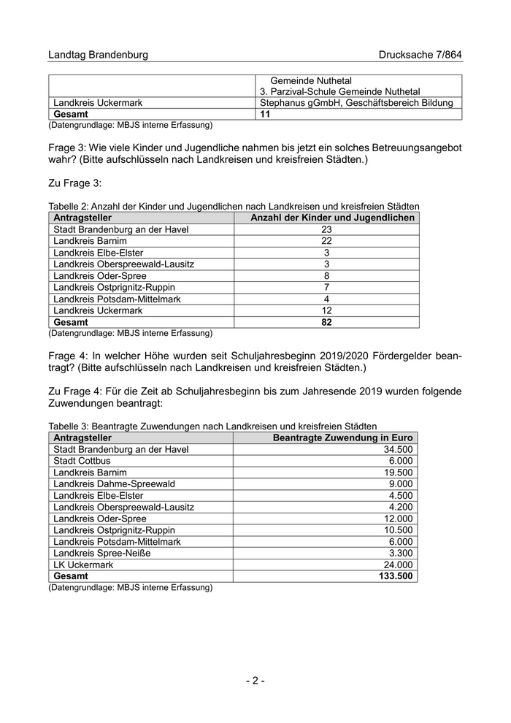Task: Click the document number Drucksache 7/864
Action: (420, 55)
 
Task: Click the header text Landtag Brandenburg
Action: (98, 55)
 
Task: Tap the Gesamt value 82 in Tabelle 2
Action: (326, 322)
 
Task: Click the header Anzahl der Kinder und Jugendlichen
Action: (332, 218)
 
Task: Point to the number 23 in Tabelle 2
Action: (326, 229)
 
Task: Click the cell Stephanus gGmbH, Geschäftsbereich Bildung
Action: (356, 103)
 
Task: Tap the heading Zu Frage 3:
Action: (75, 182)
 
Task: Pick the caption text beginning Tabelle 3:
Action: (212, 426)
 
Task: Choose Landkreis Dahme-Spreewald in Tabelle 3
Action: (114, 483)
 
